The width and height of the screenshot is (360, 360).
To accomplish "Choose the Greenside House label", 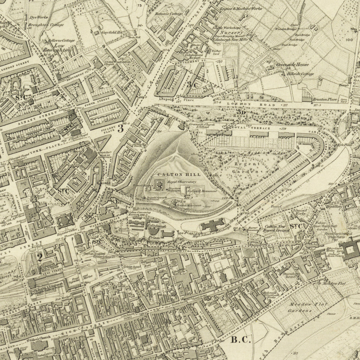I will (292, 64).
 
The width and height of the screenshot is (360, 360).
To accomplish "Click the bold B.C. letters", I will (240, 340).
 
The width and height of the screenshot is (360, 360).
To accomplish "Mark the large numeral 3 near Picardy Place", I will (120, 128).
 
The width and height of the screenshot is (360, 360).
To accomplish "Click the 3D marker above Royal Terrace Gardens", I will (241, 112).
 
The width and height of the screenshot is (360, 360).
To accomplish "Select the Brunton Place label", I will (323, 100).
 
